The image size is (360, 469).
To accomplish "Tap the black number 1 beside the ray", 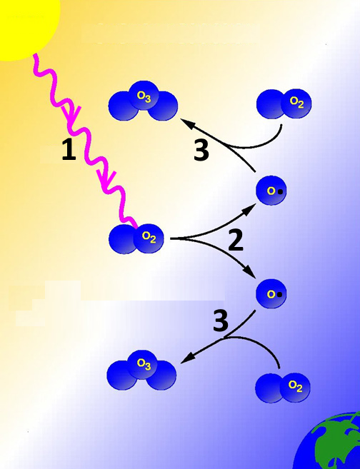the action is [69, 150].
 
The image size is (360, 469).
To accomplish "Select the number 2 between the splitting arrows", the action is [236, 240].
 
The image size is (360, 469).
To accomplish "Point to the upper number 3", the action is [201, 151].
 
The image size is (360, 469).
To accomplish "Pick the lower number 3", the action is [221, 321].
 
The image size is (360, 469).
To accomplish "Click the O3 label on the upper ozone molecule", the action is [144, 96].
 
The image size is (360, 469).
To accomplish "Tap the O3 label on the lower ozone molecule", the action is [144, 364].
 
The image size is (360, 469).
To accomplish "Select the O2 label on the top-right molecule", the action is [296, 102].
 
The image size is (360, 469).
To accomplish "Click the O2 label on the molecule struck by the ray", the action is [149, 237].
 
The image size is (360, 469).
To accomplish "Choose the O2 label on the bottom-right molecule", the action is [296, 386].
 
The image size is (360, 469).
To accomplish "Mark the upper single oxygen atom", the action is [271, 191].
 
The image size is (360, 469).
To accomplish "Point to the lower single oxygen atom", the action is [271, 293].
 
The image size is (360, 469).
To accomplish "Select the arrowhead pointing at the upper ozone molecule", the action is [186, 123].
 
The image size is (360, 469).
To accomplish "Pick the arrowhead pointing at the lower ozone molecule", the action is [187, 358].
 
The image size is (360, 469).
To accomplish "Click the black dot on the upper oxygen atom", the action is [280, 191].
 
